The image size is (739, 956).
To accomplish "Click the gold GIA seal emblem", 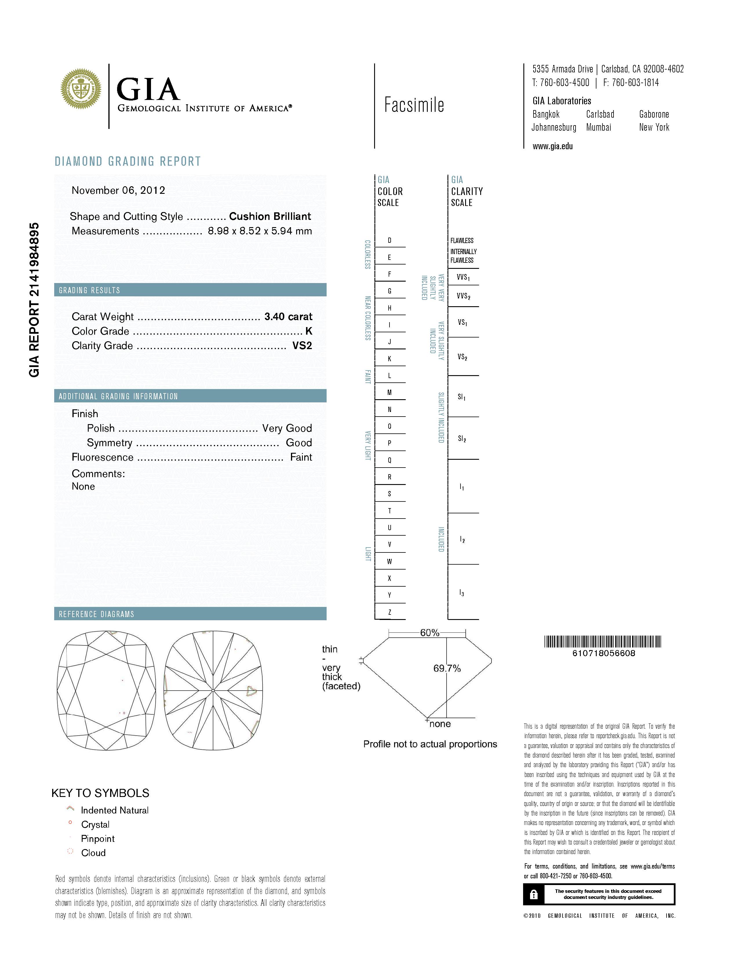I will (81, 89).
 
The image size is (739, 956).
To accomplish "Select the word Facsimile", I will (414, 105).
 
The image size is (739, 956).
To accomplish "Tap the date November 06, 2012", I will (118, 190).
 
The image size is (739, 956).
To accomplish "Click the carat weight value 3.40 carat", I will (288, 316).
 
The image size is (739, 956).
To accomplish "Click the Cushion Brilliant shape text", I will (270, 216).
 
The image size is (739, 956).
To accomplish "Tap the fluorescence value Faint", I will (301, 457).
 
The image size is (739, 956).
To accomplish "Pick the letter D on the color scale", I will (389, 240).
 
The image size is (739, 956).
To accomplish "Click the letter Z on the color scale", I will (389, 612).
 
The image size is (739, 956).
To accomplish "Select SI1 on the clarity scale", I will (461, 397).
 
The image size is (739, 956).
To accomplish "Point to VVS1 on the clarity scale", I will (463, 277).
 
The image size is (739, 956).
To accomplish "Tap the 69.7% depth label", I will (447, 668).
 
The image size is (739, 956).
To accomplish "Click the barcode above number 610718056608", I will (603, 642).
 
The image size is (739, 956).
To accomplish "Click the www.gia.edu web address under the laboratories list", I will (552, 146).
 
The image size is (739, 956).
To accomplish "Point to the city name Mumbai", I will (598, 127).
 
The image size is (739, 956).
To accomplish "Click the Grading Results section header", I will (89, 290).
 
